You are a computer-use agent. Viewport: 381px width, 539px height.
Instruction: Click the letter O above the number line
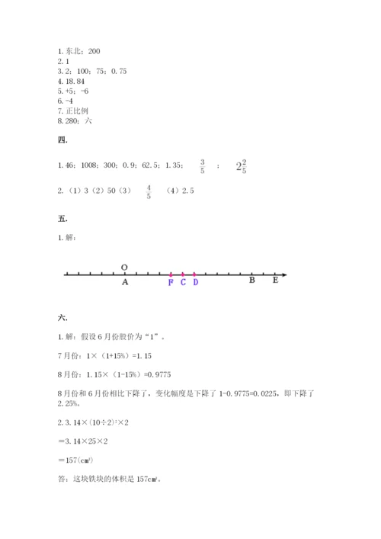point(124,268)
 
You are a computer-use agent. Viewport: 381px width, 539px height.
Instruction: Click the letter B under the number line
point(251,281)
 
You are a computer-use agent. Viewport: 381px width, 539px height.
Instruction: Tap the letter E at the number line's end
point(274,281)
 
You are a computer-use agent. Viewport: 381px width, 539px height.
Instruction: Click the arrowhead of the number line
point(283,274)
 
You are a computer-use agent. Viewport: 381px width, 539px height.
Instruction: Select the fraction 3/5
point(203,165)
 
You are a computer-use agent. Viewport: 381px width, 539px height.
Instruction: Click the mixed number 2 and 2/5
point(241,165)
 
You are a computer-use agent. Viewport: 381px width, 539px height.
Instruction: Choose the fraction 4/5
point(149,191)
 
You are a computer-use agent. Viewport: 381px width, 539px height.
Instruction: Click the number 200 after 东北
point(94,51)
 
